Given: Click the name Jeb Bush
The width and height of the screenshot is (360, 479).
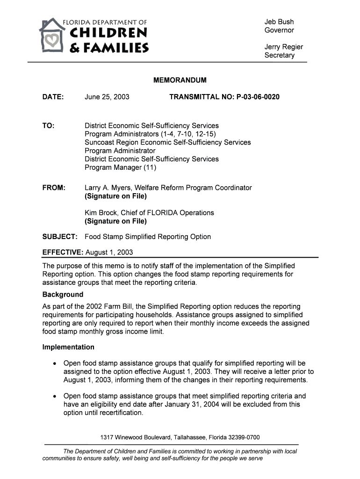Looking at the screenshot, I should tap(279, 22).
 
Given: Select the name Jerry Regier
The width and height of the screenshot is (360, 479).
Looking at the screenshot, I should tap(284, 47).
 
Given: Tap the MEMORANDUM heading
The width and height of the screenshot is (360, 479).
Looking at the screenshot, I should tap(180, 80).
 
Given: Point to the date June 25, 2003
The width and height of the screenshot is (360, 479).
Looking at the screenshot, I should tap(107, 97).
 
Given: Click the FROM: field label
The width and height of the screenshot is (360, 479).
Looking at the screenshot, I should tap(54, 188).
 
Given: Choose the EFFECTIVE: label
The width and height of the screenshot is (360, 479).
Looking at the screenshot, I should tap(63, 253).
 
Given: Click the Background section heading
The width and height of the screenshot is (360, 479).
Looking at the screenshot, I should tap(63, 295).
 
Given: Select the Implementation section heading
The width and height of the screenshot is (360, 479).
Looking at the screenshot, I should tap(68, 347).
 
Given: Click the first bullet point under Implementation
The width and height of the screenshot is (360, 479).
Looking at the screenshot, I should tap(56, 363).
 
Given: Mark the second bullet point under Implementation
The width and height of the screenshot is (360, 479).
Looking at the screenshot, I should tap(56, 396).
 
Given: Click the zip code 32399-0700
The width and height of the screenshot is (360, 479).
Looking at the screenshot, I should tap(244, 437).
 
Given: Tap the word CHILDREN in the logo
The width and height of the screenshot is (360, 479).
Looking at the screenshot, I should tap(108, 34).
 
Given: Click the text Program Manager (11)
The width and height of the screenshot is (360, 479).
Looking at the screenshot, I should tap(120, 167).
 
